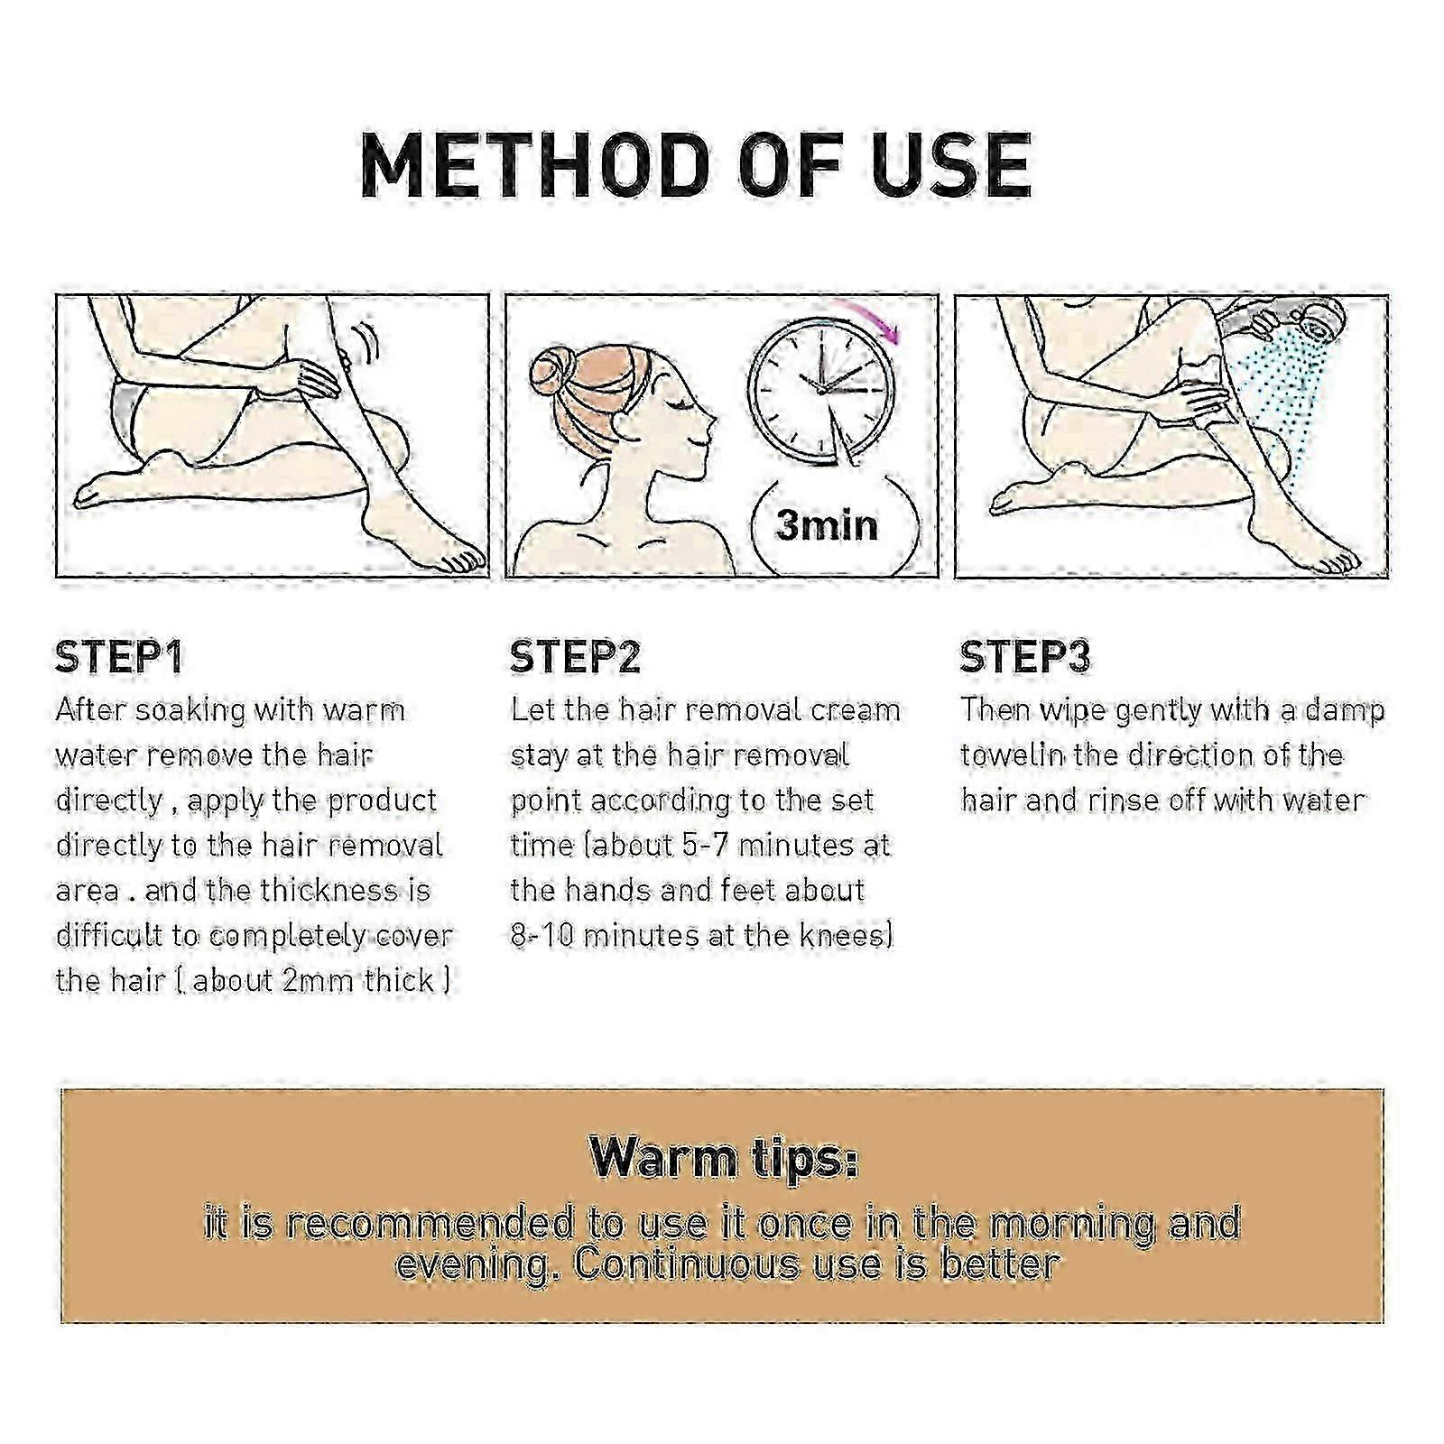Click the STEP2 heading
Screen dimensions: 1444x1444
coord(575,657)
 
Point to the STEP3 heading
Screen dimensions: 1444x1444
coord(1025,657)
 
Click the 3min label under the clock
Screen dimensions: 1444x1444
coord(826,525)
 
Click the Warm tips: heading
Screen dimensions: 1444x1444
coord(724,1158)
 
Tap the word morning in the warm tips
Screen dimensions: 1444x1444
coord(1070,1224)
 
